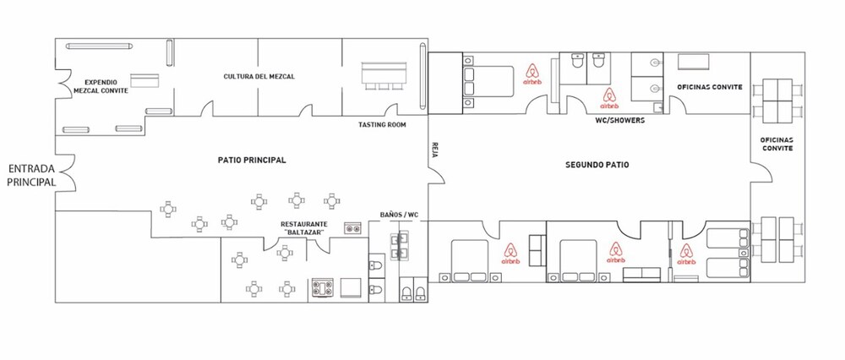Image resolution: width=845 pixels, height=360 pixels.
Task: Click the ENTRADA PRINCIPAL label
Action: pyautogui.click(x=32, y=176)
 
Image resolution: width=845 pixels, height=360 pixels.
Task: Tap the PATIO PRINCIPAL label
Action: pyautogui.click(x=252, y=160)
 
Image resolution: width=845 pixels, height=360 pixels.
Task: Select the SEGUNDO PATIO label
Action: pyautogui.click(x=597, y=165)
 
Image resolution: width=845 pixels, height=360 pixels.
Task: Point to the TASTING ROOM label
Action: pyautogui.click(x=382, y=125)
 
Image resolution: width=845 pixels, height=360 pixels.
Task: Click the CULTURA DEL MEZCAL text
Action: pyautogui.click(x=259, y=77)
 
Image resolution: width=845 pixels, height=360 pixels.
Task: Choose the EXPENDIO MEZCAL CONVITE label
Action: pyautogui.click(x=101, y=87)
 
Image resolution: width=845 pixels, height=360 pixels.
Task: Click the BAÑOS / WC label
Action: pyautogui.click(x=400, y=215)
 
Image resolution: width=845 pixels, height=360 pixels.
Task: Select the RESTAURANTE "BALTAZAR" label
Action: pyautogui.click(x=304, y=228)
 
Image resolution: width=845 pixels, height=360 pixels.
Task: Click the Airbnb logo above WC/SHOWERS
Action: pyautogui.click(x=609, y=99)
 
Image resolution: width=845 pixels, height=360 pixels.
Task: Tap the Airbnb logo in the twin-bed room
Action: pyautogui.click(x=685, y=254)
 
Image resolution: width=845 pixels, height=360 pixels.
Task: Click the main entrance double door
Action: pyautogui.click(x=67, y=172)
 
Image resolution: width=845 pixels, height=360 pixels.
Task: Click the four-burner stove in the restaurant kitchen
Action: pyautogui.click(x=323, y=288)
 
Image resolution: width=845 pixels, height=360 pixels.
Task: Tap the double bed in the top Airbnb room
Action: pyautogui.click(x=488, y=81)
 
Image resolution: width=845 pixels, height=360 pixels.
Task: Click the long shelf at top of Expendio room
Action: pyautogui.click(x=100, y=46)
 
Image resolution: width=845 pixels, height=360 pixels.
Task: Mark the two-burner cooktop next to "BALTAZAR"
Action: pyautogui.click(x=352, y=229)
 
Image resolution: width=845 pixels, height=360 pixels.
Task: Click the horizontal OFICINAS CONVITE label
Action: pyautogui.click(x=710, y=87)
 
